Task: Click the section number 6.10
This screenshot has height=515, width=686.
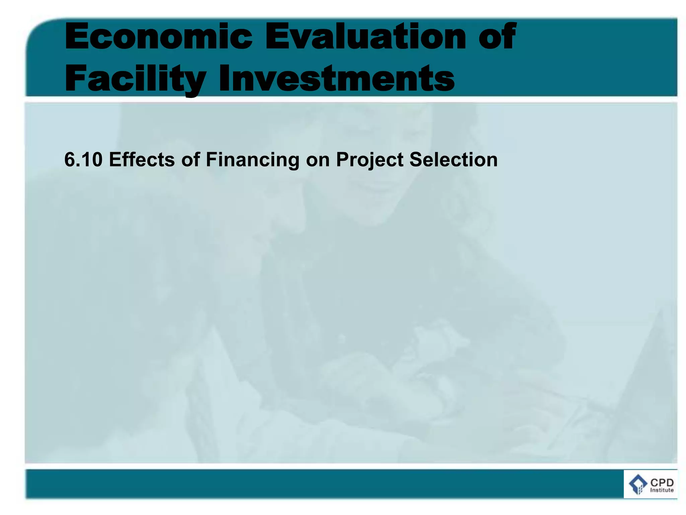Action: click(83, 160)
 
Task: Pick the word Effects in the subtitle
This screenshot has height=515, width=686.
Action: click(142, 160)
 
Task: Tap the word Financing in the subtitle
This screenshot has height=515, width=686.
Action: click(252, 160)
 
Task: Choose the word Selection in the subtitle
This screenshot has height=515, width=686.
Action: click(453, 160)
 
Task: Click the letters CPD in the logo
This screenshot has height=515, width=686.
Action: click(662, 483)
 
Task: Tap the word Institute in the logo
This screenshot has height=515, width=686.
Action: click(662, 490)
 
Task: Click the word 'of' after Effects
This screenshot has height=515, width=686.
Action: click(191, 160)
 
